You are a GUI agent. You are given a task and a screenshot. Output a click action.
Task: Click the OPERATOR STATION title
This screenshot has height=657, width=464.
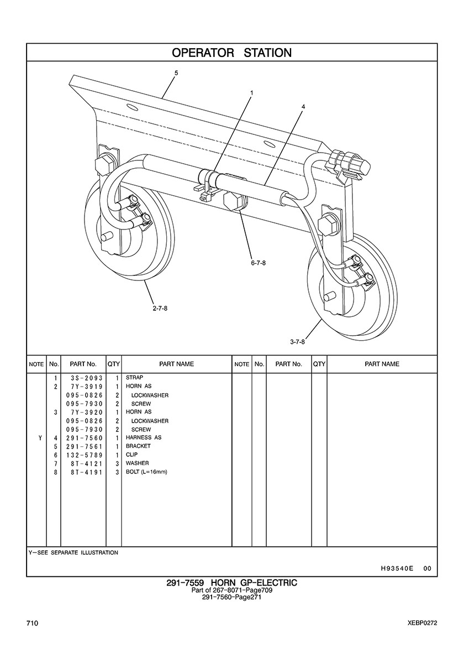[x=231, y=53]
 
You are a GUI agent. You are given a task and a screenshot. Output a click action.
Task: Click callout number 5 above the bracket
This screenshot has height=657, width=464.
[x=176, y=72]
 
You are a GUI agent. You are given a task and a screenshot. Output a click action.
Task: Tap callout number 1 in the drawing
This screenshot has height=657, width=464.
[x=251, y=93]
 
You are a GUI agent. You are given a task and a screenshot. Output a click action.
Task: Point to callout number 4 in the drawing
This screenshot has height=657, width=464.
[x=303, y=106]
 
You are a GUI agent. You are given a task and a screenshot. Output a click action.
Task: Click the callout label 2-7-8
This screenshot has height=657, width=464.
[x=160, y=308]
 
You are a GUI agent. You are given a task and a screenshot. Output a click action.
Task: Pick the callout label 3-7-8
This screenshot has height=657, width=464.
[x=297, y=342]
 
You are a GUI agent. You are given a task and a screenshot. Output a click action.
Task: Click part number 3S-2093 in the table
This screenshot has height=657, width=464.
[x=83, y=378]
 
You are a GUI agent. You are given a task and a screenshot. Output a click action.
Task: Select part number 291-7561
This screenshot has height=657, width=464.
[x=83, y=446]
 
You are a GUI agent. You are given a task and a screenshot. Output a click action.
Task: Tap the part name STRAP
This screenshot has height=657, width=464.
[x=134, y=378]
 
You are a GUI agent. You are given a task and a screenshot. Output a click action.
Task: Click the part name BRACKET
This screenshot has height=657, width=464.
[x=138, y=446]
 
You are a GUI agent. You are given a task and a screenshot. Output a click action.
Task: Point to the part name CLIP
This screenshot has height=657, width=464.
[x=131, y=455]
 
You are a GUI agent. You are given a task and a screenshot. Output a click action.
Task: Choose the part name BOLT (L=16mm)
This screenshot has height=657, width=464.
[x=146, y=472]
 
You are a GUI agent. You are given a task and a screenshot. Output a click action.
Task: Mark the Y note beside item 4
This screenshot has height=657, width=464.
[x=40, y=438]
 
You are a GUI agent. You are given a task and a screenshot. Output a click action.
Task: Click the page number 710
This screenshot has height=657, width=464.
[x=32, y=623]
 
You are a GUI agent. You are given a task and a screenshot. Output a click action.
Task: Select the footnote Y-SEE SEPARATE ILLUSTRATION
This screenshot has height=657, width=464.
[x=73, y=552]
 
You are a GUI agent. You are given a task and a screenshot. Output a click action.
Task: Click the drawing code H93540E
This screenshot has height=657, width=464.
[x=397, y=568]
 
